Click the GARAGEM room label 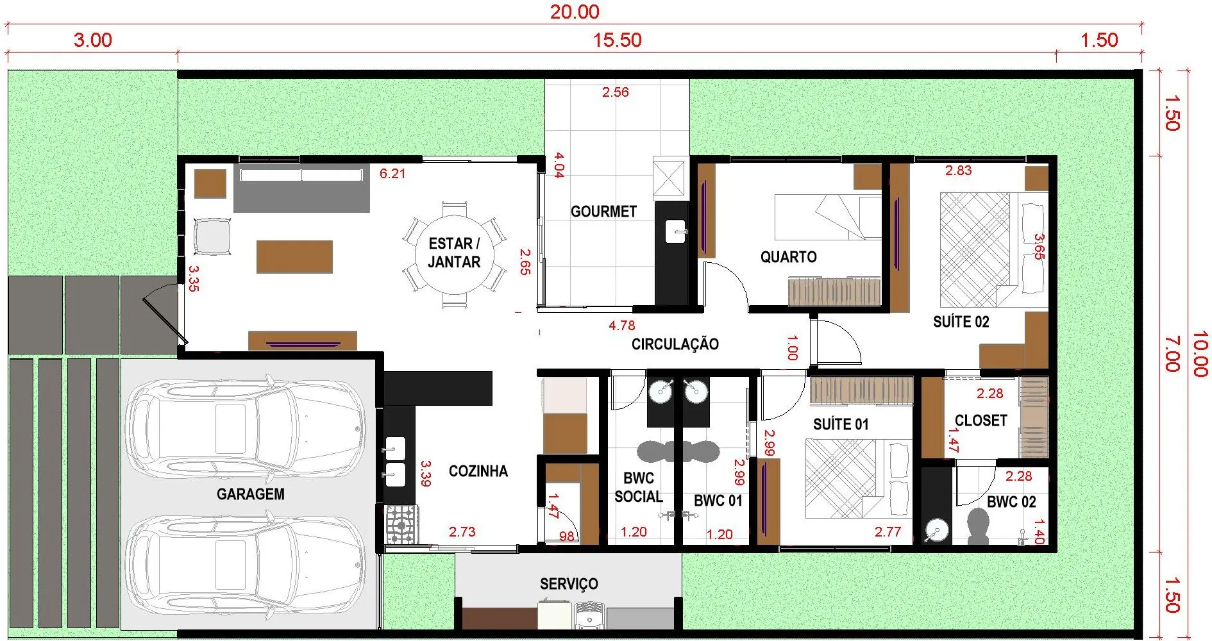250,494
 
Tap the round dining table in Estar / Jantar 454,253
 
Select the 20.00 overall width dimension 575,12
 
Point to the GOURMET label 603,212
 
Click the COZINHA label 478,471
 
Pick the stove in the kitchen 401,525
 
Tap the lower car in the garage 245,565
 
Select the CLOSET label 981,420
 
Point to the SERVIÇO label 569,584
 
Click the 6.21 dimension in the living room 392,174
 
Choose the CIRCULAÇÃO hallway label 675,344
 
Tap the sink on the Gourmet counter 676,231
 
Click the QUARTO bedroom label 788,257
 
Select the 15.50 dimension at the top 617,40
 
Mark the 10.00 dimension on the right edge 1200,354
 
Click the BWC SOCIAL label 638,487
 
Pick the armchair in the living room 212,237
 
